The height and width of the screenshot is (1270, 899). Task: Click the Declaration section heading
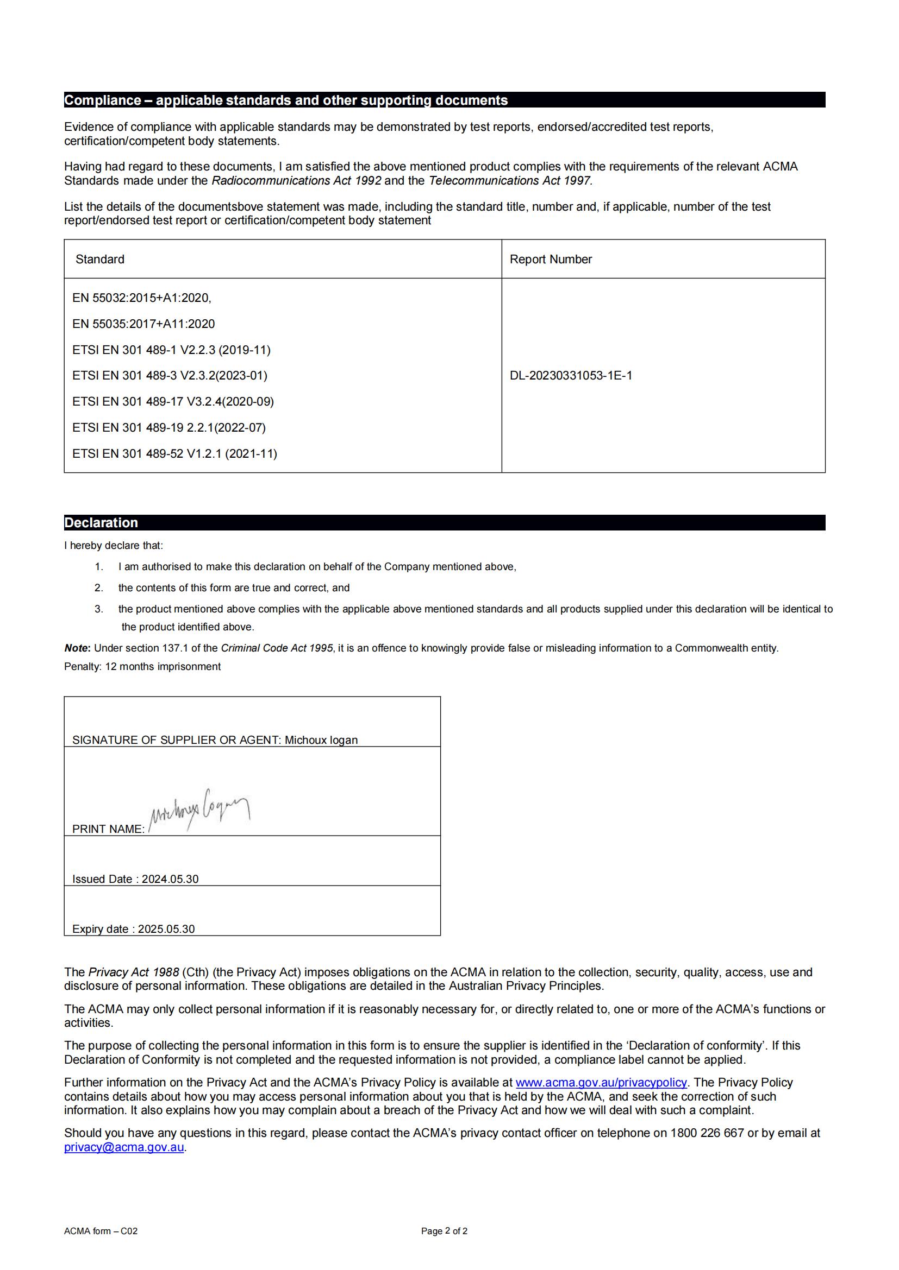pos(101,523)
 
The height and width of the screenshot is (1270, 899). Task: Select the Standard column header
pos(99,260)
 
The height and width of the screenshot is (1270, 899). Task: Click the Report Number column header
pos(550,260)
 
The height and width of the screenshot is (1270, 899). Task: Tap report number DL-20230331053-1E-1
pos(571,376)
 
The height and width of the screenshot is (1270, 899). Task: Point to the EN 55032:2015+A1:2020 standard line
pos(142,298)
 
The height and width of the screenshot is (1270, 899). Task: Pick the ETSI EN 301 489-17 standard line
pos(173,402)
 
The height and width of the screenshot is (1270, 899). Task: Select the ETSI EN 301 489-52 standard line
pos(174,453)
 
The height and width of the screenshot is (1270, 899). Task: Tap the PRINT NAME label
pos(108,829)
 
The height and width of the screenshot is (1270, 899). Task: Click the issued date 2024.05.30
pos(170,879)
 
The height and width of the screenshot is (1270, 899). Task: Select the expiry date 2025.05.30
pos(166,928)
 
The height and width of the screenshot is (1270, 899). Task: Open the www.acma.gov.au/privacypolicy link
pos(601,1083)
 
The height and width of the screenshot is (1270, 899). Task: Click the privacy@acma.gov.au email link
pos(123,1147)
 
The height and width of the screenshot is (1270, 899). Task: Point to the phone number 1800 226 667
pos(707,1133)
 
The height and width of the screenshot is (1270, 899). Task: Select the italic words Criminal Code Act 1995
pos(277,648)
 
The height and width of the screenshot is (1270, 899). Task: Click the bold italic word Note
pos(77,648)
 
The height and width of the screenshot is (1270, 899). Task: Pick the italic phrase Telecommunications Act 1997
pos(510,181)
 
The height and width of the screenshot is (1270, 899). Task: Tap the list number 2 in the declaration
pos(98,588)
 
